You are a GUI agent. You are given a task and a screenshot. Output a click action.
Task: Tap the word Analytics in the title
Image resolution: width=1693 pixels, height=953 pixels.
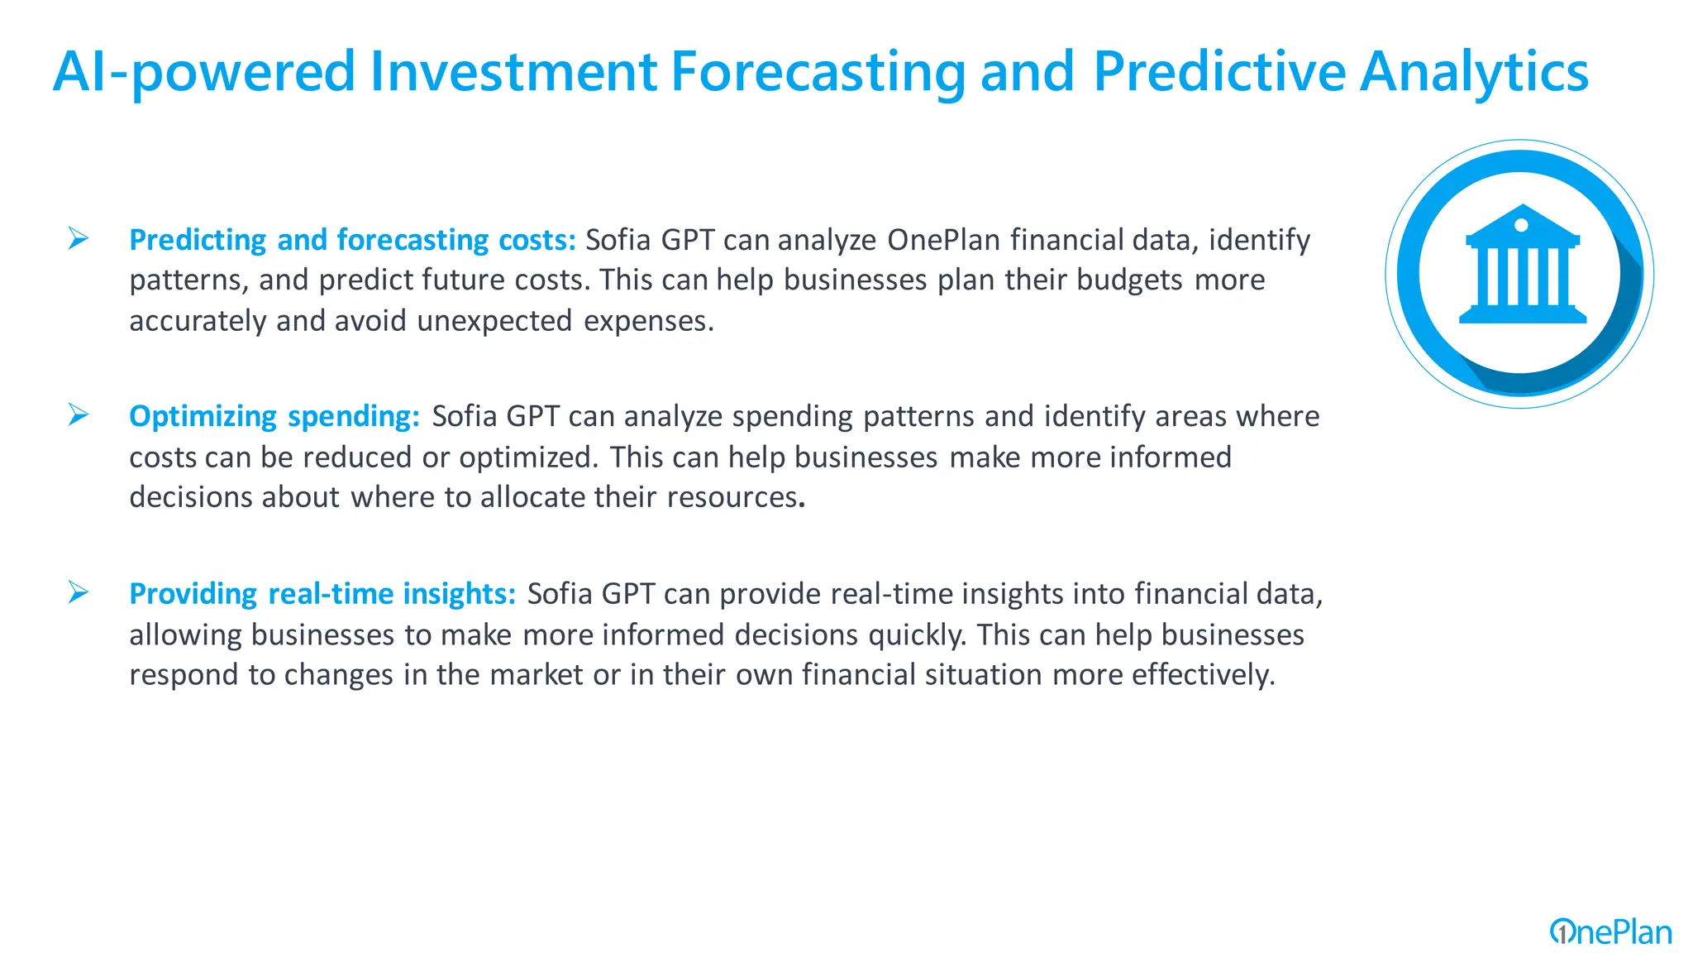pyautogui.click(x=1473, y=71)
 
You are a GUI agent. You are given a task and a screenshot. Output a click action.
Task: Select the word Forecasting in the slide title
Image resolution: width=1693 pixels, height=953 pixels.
pyautogui.click(x=817, y=71)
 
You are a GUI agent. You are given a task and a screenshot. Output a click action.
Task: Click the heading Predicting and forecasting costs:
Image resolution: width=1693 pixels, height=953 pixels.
pyautogui.click(x=352, y=240)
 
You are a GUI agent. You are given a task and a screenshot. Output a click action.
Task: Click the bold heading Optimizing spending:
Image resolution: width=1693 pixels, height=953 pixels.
pyautogui.click(x=274, y=416)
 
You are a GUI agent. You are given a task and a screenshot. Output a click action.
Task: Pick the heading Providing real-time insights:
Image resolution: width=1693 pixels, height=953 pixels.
pyautogui.click(x=322, y=594)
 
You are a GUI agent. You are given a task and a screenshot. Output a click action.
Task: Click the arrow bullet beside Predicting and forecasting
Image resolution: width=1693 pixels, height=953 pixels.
pyautogui.click(x=79, y=238)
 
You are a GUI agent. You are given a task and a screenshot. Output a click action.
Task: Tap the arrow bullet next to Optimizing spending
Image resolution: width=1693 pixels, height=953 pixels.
pyautogui.click(x=79, y=414)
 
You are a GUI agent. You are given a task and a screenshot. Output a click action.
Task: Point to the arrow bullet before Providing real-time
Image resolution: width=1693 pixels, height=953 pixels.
pyautogui.click(x=79, y=592)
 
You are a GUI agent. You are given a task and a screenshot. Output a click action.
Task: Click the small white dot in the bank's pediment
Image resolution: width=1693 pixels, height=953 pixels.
pyautogui.click(x=1521, y=225)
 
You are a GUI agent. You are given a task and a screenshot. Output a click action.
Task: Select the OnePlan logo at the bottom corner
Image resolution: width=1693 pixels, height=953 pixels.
pyautogui.click(x=1610, y=932)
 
